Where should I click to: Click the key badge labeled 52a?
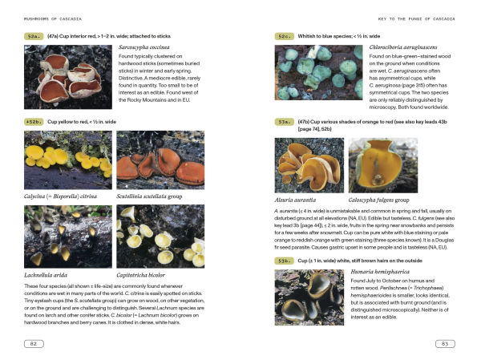click(34, 37)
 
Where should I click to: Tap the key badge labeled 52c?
click(285, 37)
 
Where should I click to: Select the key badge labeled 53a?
click(285, 122)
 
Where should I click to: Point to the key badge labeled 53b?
click(285, 261)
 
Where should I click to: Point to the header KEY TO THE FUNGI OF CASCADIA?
click(411, 17)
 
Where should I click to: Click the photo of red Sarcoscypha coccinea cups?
click(68, 77)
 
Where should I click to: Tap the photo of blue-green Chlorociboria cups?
click(318, 73)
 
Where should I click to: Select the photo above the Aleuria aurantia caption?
click(309, 164)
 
